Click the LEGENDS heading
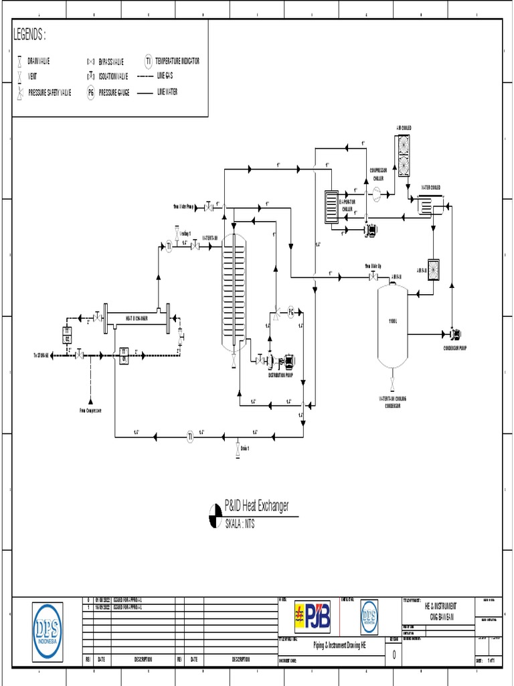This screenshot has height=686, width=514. [29, 35]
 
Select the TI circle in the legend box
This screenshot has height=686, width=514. [149, 61]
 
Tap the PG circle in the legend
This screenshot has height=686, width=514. [90, 92]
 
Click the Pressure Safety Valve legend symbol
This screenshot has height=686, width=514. [21, 92]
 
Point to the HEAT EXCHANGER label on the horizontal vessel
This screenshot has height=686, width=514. [137, 318]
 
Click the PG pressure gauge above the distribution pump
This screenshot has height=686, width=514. [291, 312]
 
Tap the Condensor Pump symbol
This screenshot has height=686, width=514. [454, 334]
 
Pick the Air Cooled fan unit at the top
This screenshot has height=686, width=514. [404, 155]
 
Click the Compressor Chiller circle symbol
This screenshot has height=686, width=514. [376, 192]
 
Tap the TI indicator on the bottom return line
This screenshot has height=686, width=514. [190, 436]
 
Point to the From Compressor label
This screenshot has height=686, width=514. [90, 410]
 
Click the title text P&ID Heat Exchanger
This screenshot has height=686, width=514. [256, 506]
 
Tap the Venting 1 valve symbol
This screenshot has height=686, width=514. [177, 234]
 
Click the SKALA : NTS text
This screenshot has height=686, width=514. [240, 524]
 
